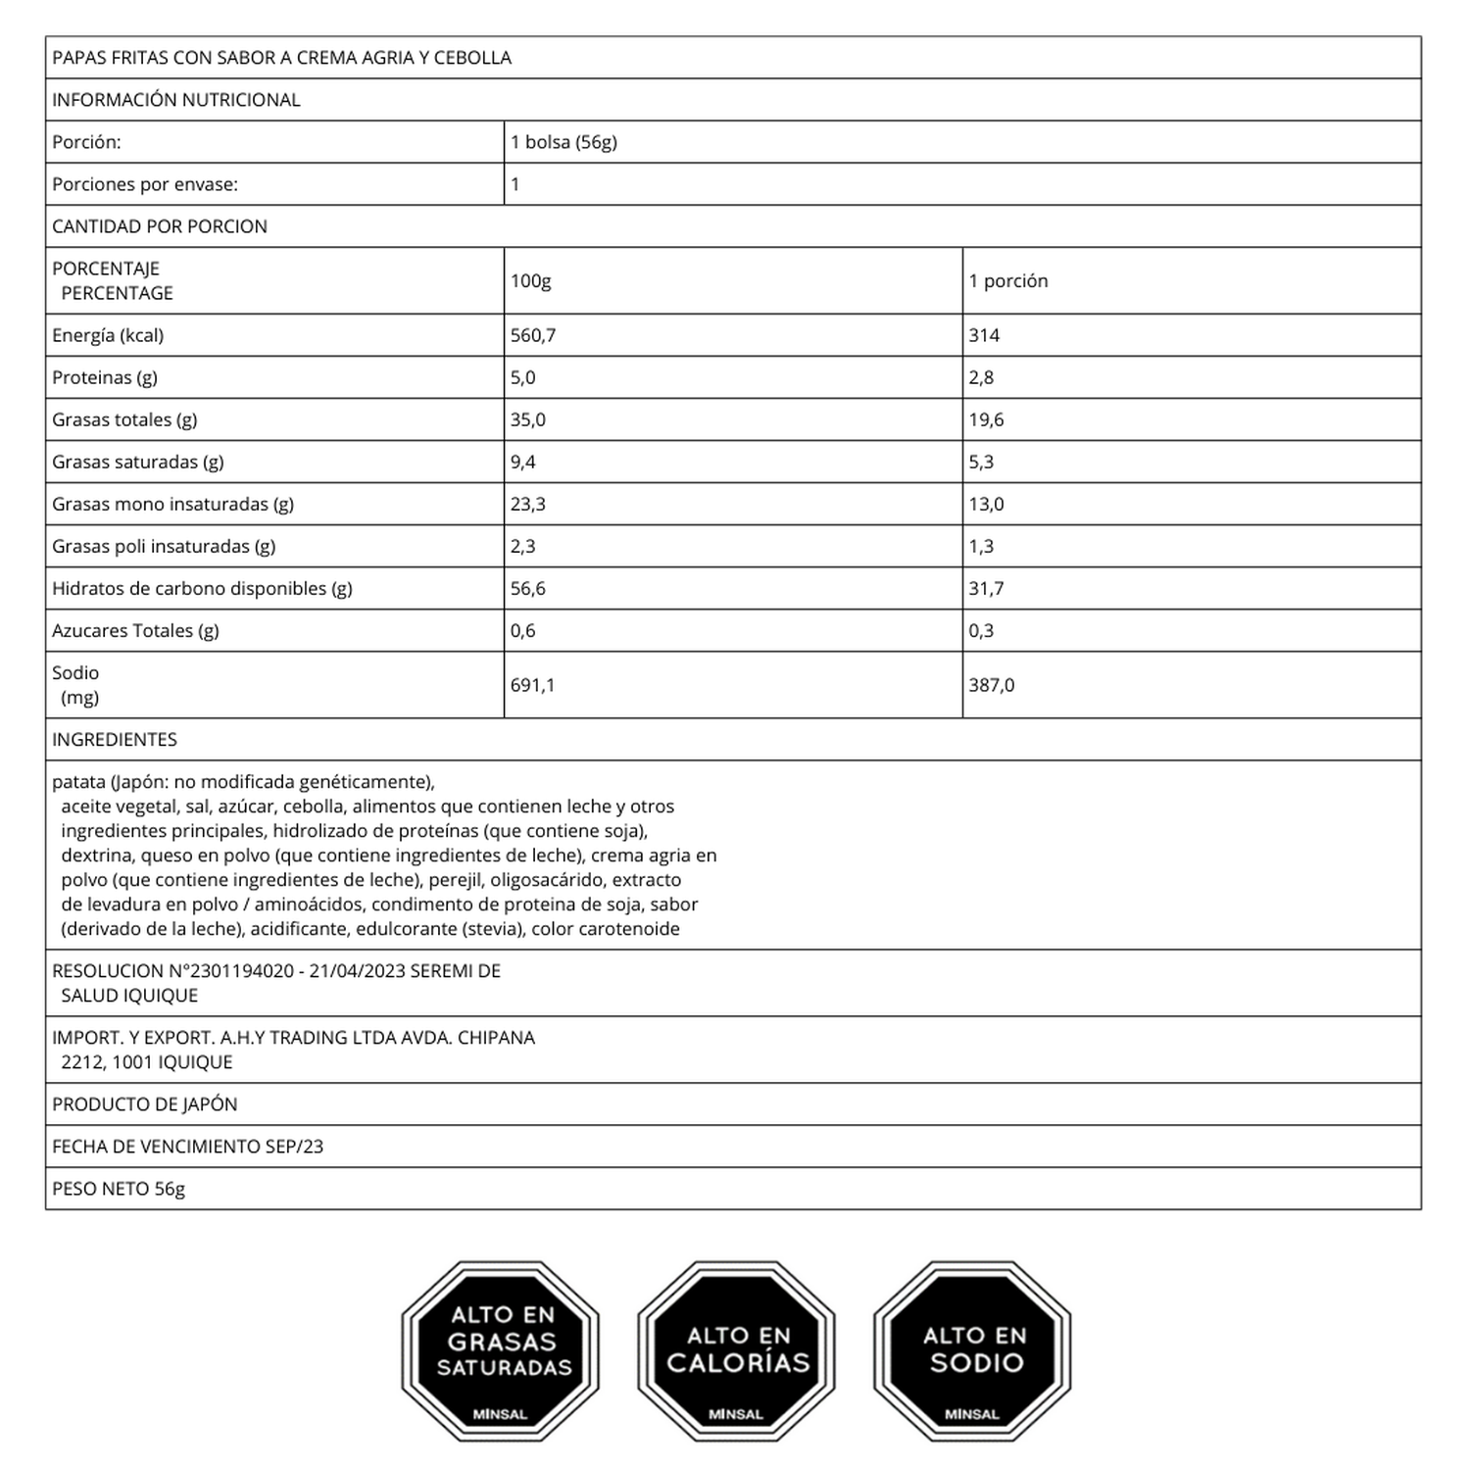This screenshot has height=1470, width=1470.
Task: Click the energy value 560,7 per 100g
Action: pyautogui.click(x=533, y=335)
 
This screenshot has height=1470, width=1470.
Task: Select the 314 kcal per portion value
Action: pyautogui.click(x=984, y=335)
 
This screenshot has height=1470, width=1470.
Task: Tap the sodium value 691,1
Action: pyautogui.click(x=532, y=685)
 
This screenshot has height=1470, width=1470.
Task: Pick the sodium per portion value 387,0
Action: pyautogui.click(x=992, y=685)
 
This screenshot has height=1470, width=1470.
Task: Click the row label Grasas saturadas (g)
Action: pyautogui.click(x=138, y=462)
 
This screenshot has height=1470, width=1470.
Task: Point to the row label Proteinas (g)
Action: pyautogui.click(x=105, y=377)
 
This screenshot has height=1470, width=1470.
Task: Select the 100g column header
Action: pyautogui.click(x=530, y=281)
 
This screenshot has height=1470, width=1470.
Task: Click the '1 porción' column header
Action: pyautogui.click(x=1008, y=281)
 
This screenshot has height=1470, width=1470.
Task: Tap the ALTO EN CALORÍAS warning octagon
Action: pyautogui.click(x=736, y=1350)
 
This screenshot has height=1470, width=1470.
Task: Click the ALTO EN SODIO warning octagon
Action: pyautogui.click(x=972, y=1350)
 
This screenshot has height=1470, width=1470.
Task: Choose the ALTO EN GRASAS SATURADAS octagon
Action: pyautogui.click(x=501, y=1350)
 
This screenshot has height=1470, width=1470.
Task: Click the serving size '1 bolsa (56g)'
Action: pyautogui.click(x=563, y=142)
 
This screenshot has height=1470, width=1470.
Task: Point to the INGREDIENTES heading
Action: pyautogui.click(x=115, y=740)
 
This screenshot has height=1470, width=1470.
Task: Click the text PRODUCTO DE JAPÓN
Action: pyautogui.click(x=145, y=1104)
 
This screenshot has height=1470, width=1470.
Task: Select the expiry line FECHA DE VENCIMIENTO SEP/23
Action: pyautogui.click(x=187, y=1147)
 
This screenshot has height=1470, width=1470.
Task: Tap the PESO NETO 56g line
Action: pyautogui.click(x=119, y=1189)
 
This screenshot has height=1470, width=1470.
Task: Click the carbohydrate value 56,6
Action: pyautogui.click(x=528, y=588)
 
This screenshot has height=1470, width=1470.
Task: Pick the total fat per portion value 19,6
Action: pyautogui.click(x=986, y=419)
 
